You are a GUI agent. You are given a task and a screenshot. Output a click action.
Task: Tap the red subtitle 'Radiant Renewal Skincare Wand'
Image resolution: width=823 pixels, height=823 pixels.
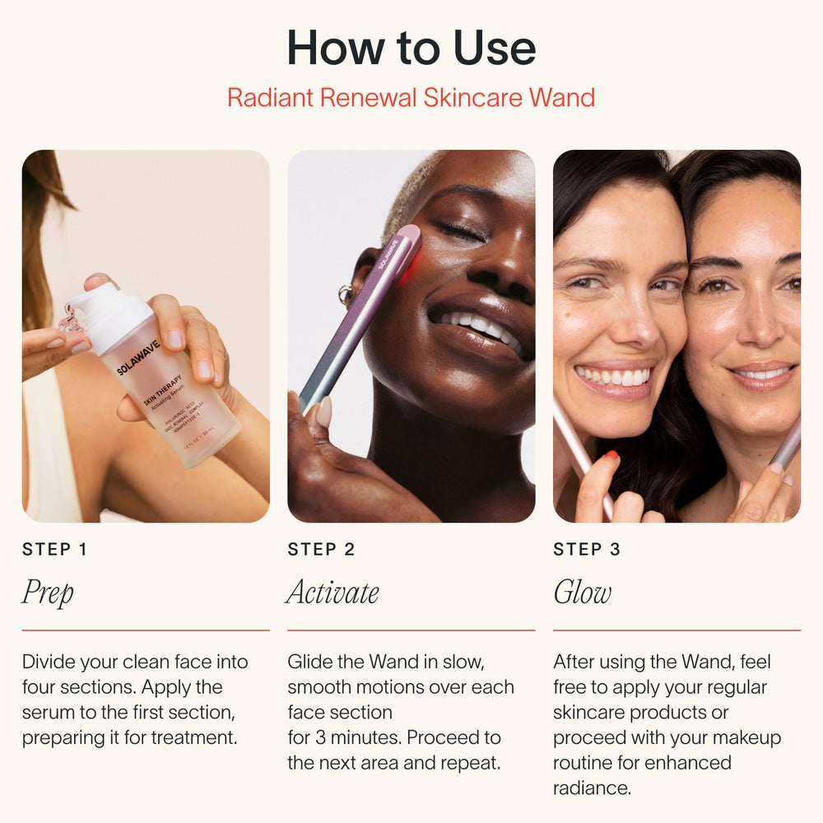411,97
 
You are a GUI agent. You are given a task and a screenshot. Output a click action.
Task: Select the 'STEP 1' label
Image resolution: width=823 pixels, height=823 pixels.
54,550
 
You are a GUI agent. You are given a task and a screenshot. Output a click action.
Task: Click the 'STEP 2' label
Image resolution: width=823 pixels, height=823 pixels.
321,550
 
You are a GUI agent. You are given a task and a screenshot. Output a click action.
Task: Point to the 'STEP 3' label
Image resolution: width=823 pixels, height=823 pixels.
587,550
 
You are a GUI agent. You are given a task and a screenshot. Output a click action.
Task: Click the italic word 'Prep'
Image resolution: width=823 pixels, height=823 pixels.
48,593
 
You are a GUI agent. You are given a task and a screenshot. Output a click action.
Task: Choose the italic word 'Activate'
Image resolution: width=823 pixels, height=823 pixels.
333,593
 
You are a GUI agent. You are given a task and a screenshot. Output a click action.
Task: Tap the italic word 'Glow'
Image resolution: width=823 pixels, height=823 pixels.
582,593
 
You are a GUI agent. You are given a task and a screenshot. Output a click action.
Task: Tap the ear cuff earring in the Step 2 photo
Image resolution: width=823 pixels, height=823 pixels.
346,294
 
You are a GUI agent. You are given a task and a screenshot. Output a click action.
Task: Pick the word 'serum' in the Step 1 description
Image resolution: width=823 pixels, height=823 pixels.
48,712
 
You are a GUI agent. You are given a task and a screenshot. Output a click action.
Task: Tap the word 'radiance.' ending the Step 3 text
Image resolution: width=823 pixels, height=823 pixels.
592,788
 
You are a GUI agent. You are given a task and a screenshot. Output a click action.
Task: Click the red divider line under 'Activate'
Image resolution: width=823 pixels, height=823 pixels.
411,630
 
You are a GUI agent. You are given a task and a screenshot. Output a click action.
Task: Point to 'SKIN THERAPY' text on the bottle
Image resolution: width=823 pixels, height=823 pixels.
163,389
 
